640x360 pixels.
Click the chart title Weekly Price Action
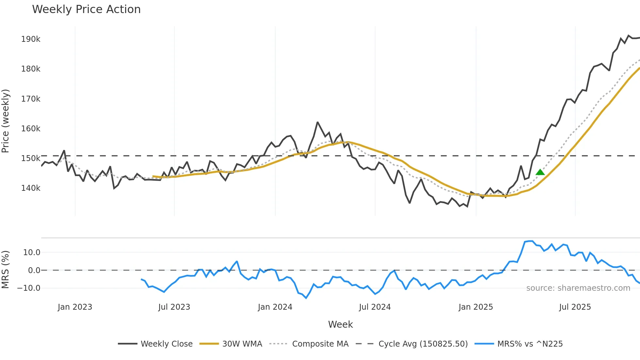click(86, 9)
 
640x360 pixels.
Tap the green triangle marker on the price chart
click(540, 172)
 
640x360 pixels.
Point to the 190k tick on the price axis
click(31, 39)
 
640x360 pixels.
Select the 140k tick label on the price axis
click(31, 188)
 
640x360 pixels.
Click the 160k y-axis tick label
click(31, 129)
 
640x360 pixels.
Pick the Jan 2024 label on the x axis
click(275, 307)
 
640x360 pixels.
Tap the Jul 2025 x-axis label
click(575, 307)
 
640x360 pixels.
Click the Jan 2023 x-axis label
click(75, 307)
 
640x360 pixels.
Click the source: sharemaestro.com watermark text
click(578, 288)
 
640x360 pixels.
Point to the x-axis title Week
click(340, 324)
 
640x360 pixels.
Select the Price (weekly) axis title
click(6, 121)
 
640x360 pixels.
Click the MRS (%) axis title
click(6, 270)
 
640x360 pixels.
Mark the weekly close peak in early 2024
click(317, 122)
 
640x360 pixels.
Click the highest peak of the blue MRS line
click(531, 241)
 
